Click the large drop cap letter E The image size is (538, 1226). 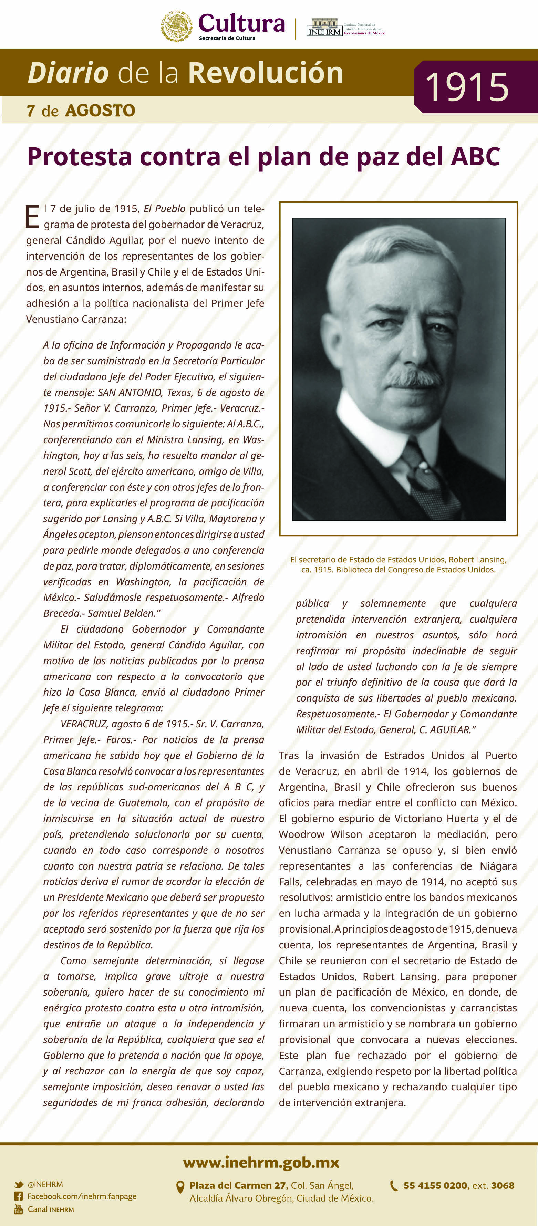[32, 217]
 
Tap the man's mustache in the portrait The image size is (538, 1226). [413, 378]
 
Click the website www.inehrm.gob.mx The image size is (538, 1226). [261, 1163]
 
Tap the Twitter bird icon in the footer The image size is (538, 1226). [19, 1185]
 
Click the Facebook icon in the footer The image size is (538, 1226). [19, 1196]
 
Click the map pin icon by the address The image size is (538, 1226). [180, 1187]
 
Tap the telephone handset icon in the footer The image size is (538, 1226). [394, 1186]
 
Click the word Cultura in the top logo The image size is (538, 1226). [241, 23]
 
